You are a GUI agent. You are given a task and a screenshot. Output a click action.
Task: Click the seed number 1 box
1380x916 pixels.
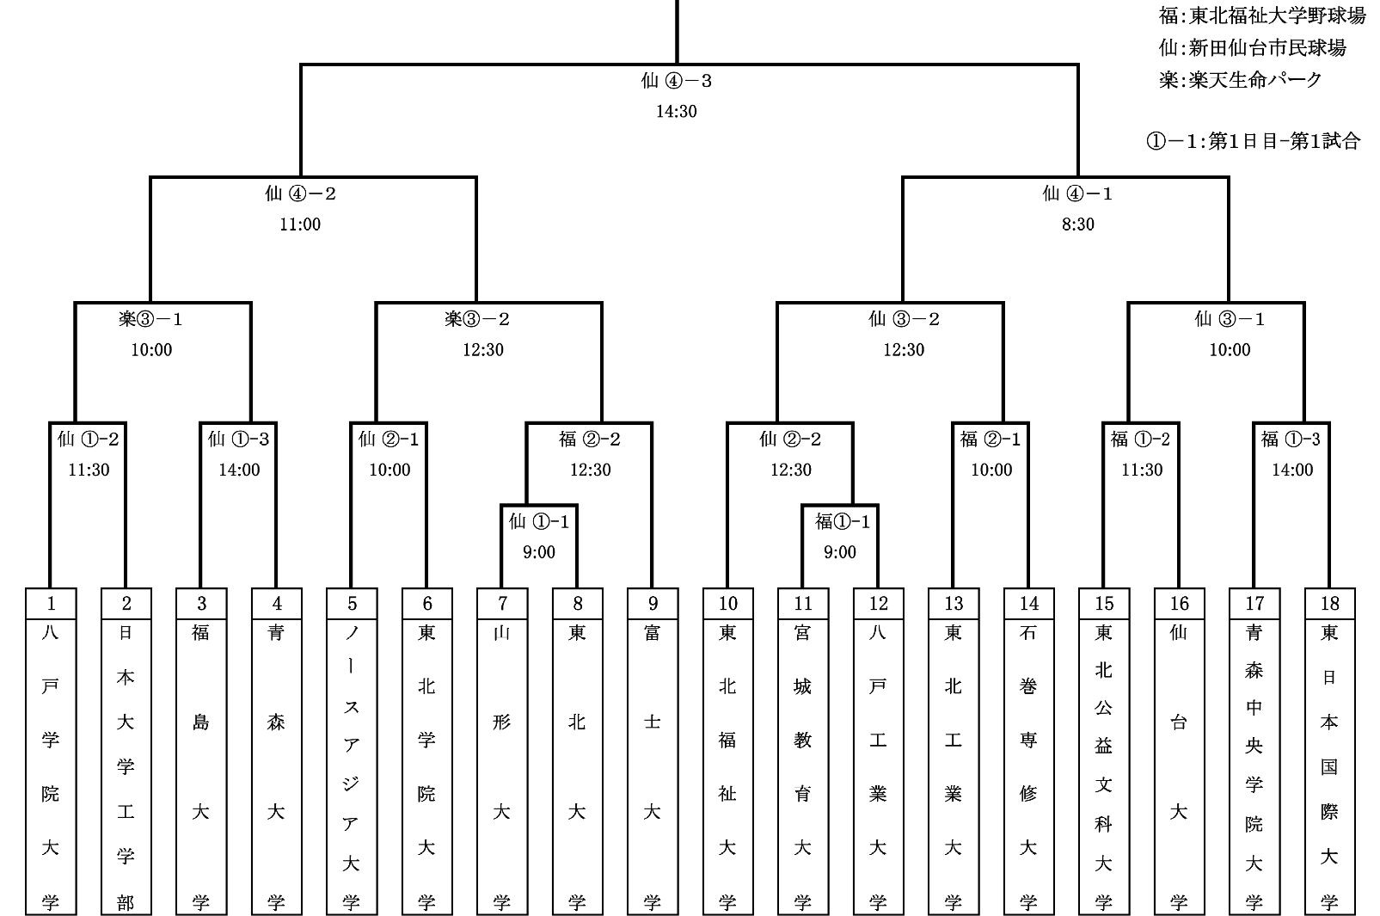[51, 603]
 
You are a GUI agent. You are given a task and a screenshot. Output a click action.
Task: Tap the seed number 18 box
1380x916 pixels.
[1329, 603]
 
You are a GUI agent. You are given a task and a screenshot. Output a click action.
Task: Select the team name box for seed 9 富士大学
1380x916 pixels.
[653, 765]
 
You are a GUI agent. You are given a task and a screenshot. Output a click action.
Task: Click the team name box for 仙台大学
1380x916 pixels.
[1179, 765]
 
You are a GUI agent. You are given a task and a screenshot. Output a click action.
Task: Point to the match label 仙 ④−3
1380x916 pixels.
[677, 81]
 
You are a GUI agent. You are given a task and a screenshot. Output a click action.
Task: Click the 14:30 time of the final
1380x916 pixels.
[677, 111]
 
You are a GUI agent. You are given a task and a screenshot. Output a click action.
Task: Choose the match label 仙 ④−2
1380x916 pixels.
[300, 194]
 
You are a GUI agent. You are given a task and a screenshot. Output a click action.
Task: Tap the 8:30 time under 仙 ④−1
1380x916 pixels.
[1078, 224]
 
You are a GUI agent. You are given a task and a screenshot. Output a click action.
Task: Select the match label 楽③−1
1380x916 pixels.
[151, 319]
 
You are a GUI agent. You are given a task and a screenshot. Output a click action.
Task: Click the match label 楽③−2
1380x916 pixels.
[478, 319]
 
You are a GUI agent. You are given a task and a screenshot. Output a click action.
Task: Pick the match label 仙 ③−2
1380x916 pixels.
[904, 319]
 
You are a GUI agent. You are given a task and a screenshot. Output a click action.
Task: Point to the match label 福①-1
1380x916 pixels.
[843, 521]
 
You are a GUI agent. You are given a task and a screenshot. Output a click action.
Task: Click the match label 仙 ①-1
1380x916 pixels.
[539, 521]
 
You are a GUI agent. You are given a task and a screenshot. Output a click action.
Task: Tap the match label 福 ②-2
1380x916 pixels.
[590, 440]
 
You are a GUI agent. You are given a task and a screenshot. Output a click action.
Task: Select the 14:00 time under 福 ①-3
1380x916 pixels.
[1292, 470]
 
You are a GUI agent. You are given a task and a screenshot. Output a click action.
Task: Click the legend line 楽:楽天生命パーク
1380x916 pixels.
[1241, 80]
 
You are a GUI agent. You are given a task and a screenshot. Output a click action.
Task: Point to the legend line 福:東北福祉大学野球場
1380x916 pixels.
[1262, 15]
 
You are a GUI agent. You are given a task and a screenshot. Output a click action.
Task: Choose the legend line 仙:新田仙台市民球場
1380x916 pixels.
[1252, 48]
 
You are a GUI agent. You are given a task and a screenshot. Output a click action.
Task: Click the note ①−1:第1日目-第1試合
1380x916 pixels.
[1254, 141]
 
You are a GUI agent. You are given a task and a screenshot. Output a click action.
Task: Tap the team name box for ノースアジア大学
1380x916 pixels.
[352, 765]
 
